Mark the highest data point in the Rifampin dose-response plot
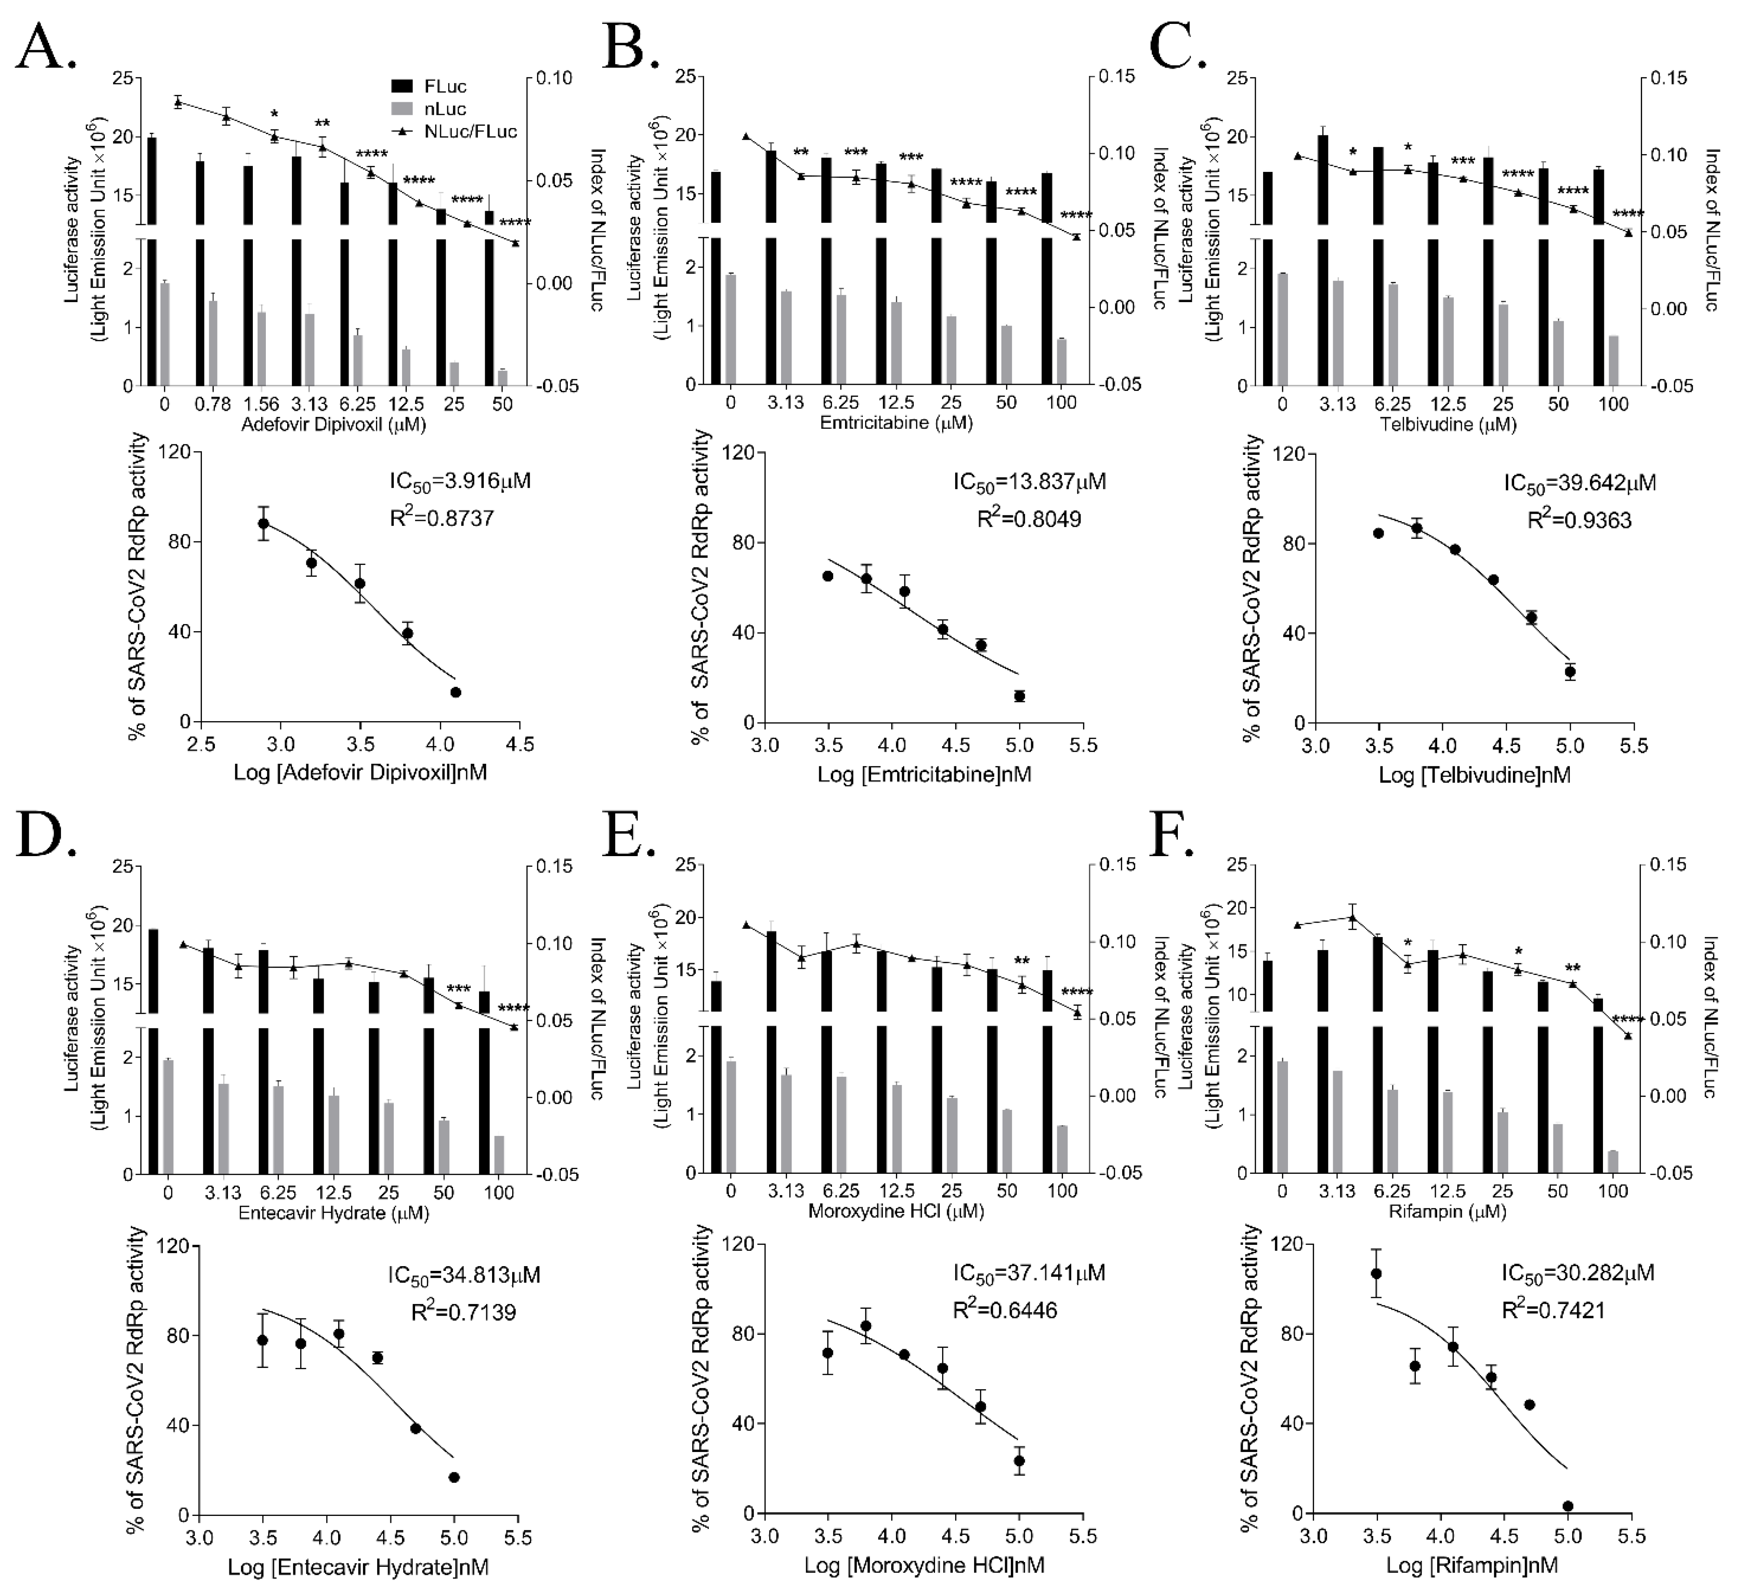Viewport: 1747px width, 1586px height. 1375,1273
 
